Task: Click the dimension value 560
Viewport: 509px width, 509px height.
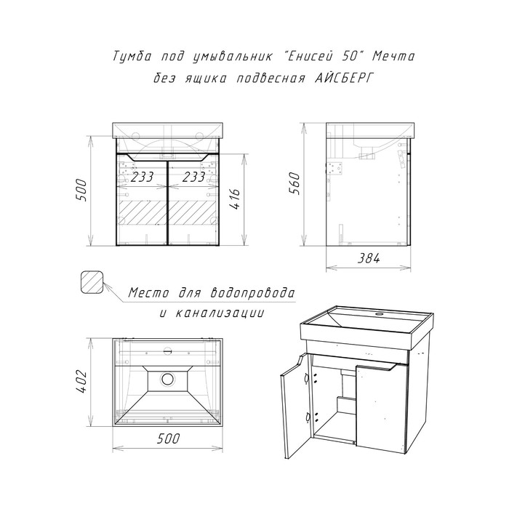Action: [295, 183]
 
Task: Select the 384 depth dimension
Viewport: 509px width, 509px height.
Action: [369, 258]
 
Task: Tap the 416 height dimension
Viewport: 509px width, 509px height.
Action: [236, 199]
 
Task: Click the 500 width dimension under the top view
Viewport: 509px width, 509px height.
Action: [167, 438]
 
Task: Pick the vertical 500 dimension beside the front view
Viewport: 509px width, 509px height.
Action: [81, 191]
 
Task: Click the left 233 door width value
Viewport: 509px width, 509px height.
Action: [142, 177]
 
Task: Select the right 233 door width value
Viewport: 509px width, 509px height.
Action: [193, 177]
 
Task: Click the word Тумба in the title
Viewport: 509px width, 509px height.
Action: [132, 57]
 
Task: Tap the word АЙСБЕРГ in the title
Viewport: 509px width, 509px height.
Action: [343, 79]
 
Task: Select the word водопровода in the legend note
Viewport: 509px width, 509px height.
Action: [252, 293]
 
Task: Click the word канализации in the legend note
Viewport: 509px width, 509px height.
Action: [220, 313]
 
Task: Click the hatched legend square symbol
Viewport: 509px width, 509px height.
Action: [92, 282]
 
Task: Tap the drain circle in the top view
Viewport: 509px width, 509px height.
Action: [168, 379]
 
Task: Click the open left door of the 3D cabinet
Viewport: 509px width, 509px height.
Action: [295, 406]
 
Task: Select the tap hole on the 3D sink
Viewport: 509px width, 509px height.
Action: [379, 314]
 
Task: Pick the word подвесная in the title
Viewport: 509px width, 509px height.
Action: [270, 79]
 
